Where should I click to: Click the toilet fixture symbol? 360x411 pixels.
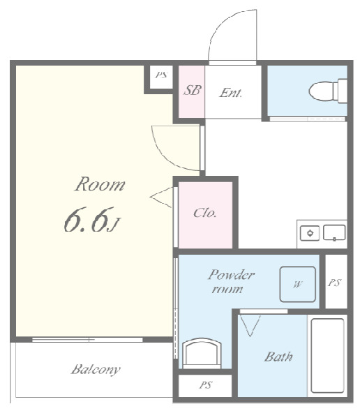(328, 91)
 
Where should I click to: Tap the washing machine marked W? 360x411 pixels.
(298, 285)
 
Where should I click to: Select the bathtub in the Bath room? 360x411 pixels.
(327, 356)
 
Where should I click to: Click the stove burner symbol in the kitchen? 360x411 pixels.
(310, 233)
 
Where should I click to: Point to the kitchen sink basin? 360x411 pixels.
(334, 233)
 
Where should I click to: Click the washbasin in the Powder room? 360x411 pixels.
(202, 353)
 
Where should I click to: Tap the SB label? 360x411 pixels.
(192, 91)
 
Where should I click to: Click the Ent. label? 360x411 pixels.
(230, 93)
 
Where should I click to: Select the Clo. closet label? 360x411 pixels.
(205, 213)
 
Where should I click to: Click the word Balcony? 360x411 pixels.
(96, 370)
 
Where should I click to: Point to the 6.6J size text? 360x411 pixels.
(91, 220)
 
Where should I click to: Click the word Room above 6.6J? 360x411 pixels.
(100, 184)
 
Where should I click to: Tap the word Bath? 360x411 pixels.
(278, 357)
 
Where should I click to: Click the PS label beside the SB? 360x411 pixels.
(161, 75)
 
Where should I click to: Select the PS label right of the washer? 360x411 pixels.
(335, 283)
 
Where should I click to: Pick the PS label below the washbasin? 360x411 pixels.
(206, 385)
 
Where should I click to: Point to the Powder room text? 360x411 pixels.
(231, 281)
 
